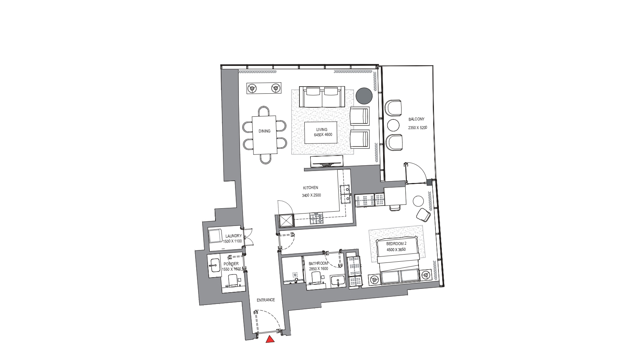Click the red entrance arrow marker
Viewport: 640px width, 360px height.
270,339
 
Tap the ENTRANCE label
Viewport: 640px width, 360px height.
266,300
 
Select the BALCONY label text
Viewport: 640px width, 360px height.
416,119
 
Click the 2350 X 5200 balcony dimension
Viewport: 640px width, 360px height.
417,128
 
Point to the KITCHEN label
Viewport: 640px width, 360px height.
310,188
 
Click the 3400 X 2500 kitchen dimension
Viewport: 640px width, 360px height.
312,195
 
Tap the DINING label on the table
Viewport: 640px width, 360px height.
264,131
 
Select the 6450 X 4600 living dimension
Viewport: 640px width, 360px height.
323,134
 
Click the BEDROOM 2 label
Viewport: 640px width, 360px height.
396,244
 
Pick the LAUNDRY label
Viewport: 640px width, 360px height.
234,236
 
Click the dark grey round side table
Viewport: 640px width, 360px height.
364,96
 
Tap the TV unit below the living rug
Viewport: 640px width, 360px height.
327,162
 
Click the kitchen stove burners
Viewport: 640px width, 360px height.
317,218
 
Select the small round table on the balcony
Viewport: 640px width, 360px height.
393,125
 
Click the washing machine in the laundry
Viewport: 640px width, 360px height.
215,236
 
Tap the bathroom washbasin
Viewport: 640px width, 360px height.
338,281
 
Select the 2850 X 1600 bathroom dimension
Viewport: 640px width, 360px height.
319,269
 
